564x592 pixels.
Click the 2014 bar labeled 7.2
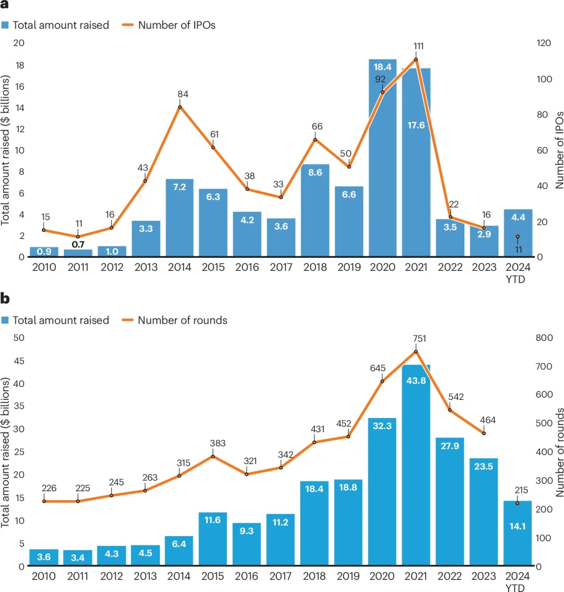[180, 218]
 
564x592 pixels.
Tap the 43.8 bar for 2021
[416, 465]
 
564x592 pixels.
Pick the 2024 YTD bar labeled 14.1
[518, 533]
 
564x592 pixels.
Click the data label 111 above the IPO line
[418, 46]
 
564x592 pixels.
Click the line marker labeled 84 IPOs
[180, 107]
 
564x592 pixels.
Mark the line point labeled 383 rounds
[213, 456]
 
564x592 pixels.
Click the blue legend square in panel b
[5, 320]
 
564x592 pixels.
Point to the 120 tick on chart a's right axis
[544, 43]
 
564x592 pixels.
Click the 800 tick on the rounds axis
[544, 338]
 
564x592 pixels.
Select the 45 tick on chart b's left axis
[19, 360]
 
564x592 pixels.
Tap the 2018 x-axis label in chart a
[315, 267]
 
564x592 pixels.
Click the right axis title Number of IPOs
[559, 149]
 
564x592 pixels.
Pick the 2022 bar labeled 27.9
[450, 501]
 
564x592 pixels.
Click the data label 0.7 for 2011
[78, 244]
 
